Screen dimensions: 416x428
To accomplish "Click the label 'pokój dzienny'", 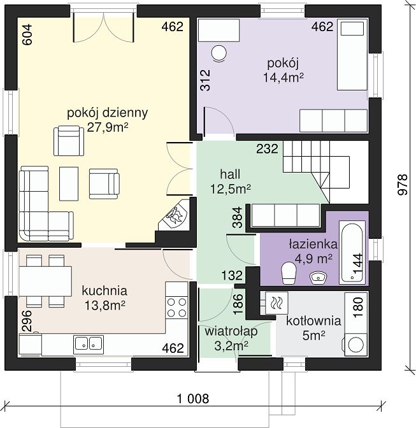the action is click(107, 113).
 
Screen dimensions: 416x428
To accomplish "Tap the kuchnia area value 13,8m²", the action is click(105, 306).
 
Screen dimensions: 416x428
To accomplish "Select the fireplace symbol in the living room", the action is click(175, 214).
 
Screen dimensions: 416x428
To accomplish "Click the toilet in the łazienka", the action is click(289, 273).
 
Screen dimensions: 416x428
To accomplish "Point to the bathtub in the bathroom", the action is click(352, 252).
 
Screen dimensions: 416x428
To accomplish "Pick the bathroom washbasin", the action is click(319, 277).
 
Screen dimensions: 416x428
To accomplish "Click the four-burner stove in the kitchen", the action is click(176, 308).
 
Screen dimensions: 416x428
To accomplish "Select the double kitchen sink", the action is click(89, 343).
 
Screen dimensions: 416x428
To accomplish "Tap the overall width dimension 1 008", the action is click(193, 399).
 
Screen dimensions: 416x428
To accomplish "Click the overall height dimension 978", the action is click(403, 185).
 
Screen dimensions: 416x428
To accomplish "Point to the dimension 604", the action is click(27, 34).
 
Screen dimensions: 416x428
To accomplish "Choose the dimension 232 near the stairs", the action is click(267, 149).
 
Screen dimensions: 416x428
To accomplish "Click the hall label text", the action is click(230, 174).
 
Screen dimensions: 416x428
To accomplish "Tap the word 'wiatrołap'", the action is click(231, 331).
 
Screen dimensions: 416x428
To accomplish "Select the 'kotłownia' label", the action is click(313, 321).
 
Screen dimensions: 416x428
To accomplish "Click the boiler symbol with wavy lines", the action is click(276, 303).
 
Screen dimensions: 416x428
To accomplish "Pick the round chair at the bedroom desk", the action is click(219, 53).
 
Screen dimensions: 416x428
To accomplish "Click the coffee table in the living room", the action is click(69, 183).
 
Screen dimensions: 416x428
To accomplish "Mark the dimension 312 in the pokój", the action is click(205, 80).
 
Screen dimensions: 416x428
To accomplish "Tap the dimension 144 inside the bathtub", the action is click(357, 264).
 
